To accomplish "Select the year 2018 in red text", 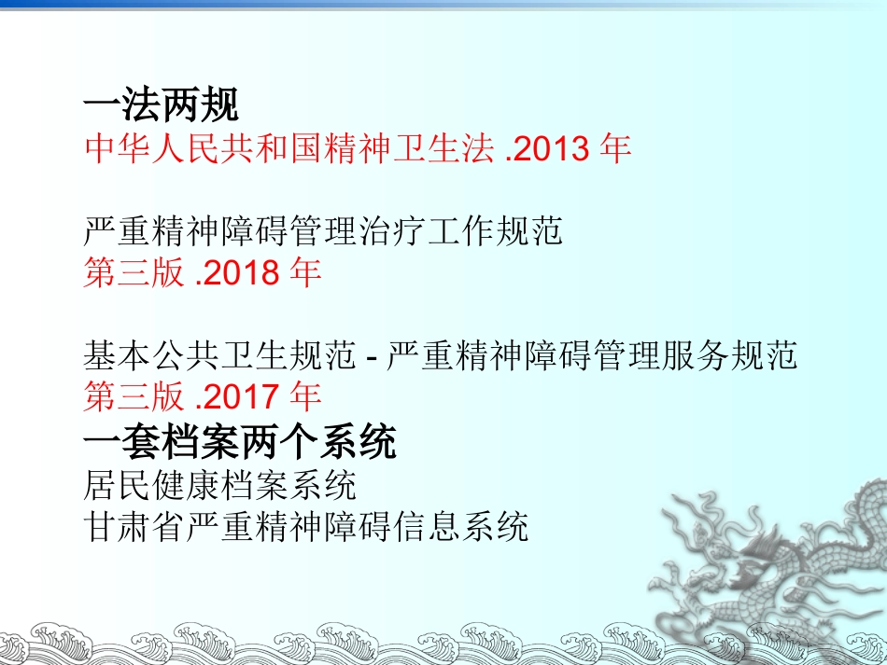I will coord(242,273).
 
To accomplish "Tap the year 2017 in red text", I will coord(242,397).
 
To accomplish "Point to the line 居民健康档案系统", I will coord(219,485).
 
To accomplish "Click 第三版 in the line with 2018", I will coord(134,273).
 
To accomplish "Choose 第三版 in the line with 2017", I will coord(134,397).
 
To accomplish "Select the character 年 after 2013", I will coord(616,149).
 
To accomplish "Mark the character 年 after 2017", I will coord(305,397).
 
